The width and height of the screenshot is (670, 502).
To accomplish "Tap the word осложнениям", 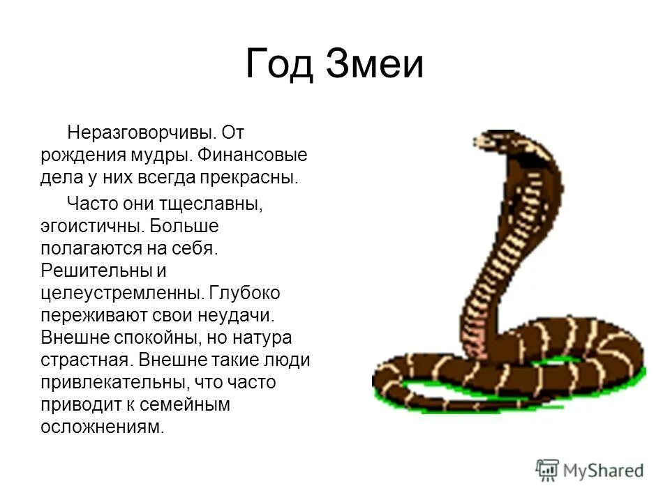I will tap(102, 427).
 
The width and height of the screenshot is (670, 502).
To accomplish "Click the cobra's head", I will tap(491, 139).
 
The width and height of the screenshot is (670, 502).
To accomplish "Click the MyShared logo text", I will tap(603, 471).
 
